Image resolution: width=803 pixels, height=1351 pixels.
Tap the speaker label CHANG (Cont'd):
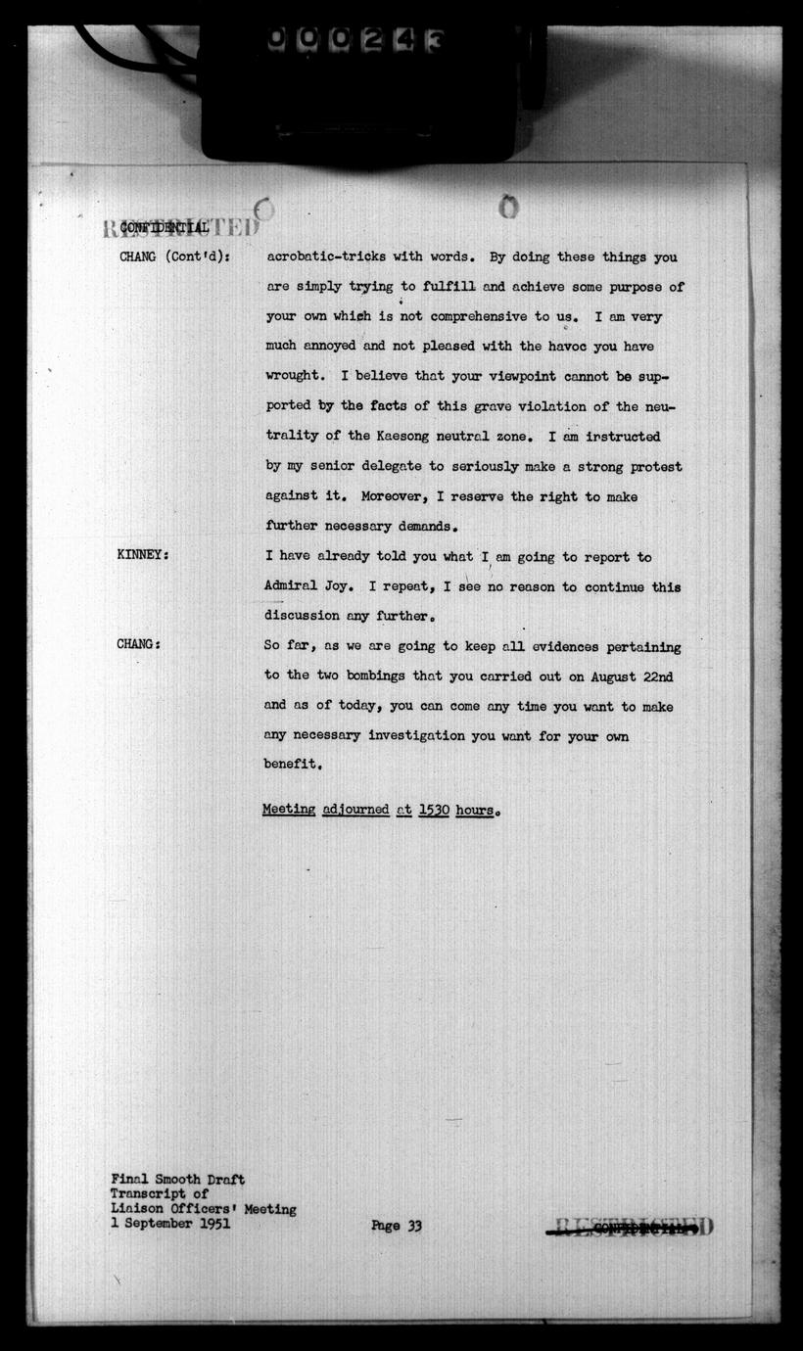[x=173, y=257]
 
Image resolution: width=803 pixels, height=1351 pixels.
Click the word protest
[x=653, y=466]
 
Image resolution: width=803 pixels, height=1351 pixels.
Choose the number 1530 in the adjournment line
[x=434, y=811]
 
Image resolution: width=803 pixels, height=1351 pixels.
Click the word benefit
[x=291, y=764]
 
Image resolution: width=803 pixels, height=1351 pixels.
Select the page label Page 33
[x=397, y=1225]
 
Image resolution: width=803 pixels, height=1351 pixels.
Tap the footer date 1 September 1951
[x=170, y=1224]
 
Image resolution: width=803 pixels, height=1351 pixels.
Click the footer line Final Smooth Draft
[x=177, y=1180]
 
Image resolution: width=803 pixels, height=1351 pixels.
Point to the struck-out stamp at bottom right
[x=632, y=1227]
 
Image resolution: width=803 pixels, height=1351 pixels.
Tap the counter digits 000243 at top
[x=356, y=39]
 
